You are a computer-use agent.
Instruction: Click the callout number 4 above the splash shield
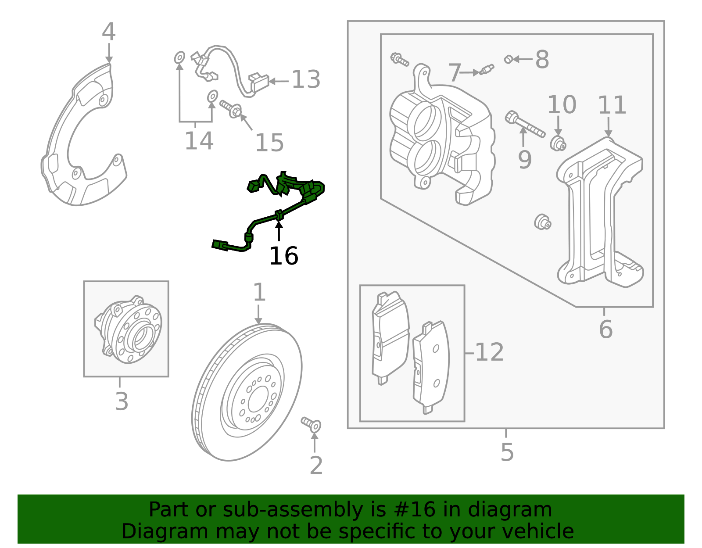[108, 32]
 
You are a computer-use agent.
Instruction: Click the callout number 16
[283, 256]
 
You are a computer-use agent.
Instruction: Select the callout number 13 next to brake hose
[306, 80]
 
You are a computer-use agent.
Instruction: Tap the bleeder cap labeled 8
[508, 59]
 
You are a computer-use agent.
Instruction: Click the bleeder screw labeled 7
[487, 69]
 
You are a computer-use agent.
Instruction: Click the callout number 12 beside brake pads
[489, 352]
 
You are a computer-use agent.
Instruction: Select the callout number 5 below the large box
[507, 452]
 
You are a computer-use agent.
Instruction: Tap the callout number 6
[605, 329]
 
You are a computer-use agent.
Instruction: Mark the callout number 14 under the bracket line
[199, 141]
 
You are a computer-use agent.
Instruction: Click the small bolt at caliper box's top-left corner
[399, 59]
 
